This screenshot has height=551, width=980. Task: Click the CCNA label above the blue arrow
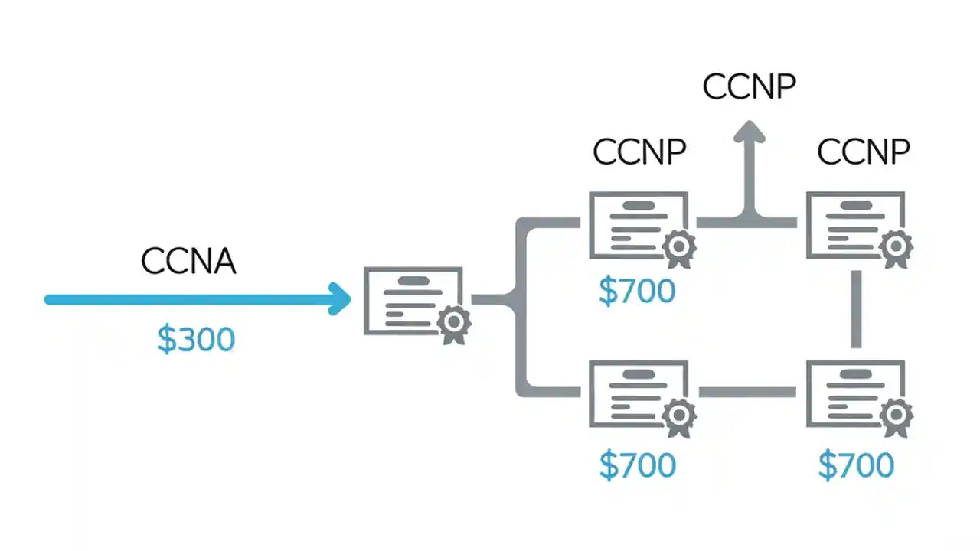188,262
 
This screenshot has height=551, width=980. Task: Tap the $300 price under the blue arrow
196,340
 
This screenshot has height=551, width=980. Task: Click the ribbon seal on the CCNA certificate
453,323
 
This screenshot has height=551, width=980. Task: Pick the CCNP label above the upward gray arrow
750,87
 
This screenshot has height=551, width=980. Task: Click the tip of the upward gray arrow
750,127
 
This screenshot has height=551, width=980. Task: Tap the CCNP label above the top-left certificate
639,153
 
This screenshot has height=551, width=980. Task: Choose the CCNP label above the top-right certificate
863,153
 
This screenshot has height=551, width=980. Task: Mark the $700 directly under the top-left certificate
637,292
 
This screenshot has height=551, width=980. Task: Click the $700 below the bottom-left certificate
637,466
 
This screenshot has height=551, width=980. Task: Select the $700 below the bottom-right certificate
856,466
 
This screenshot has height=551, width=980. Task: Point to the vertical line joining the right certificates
856,309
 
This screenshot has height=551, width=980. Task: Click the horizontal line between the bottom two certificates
746,393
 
